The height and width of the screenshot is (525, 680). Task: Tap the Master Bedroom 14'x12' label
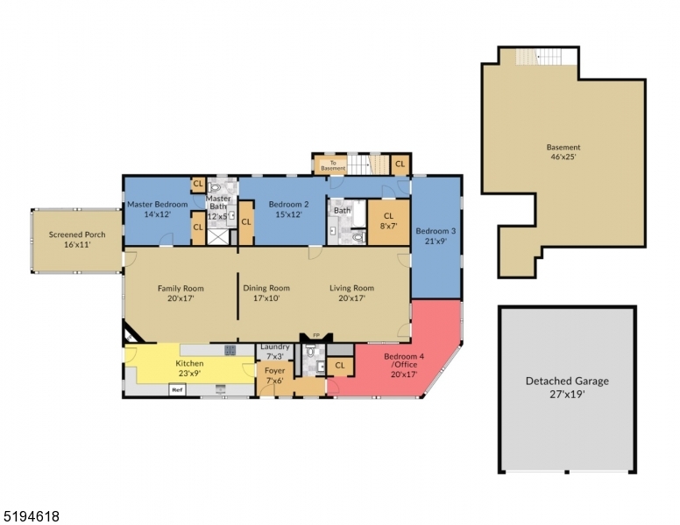pos(158,209)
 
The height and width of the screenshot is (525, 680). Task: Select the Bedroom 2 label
pos(283,209)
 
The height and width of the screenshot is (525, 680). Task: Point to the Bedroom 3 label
pos(435,235)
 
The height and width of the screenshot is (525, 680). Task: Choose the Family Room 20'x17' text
pos(181,293)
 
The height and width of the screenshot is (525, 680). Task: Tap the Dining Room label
pos(266,293)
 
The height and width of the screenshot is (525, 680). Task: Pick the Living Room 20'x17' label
pos(351,293)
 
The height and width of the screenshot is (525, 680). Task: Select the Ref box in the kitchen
pos(176,389)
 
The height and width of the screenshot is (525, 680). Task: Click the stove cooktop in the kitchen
pos(230,350)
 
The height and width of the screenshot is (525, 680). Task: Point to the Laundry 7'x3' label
pos(274,352)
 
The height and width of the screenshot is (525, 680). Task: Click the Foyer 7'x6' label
pos(274,375)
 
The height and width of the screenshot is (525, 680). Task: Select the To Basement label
pos(327,164)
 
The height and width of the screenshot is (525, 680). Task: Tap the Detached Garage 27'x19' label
pos(567,387)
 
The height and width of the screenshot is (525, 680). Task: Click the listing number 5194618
pos(31,516)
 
